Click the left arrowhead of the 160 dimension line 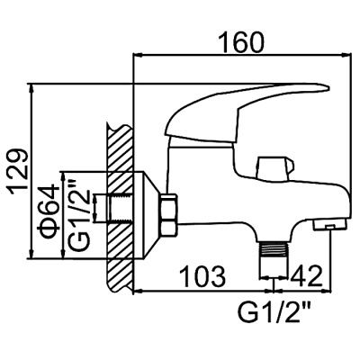pos(138,55)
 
